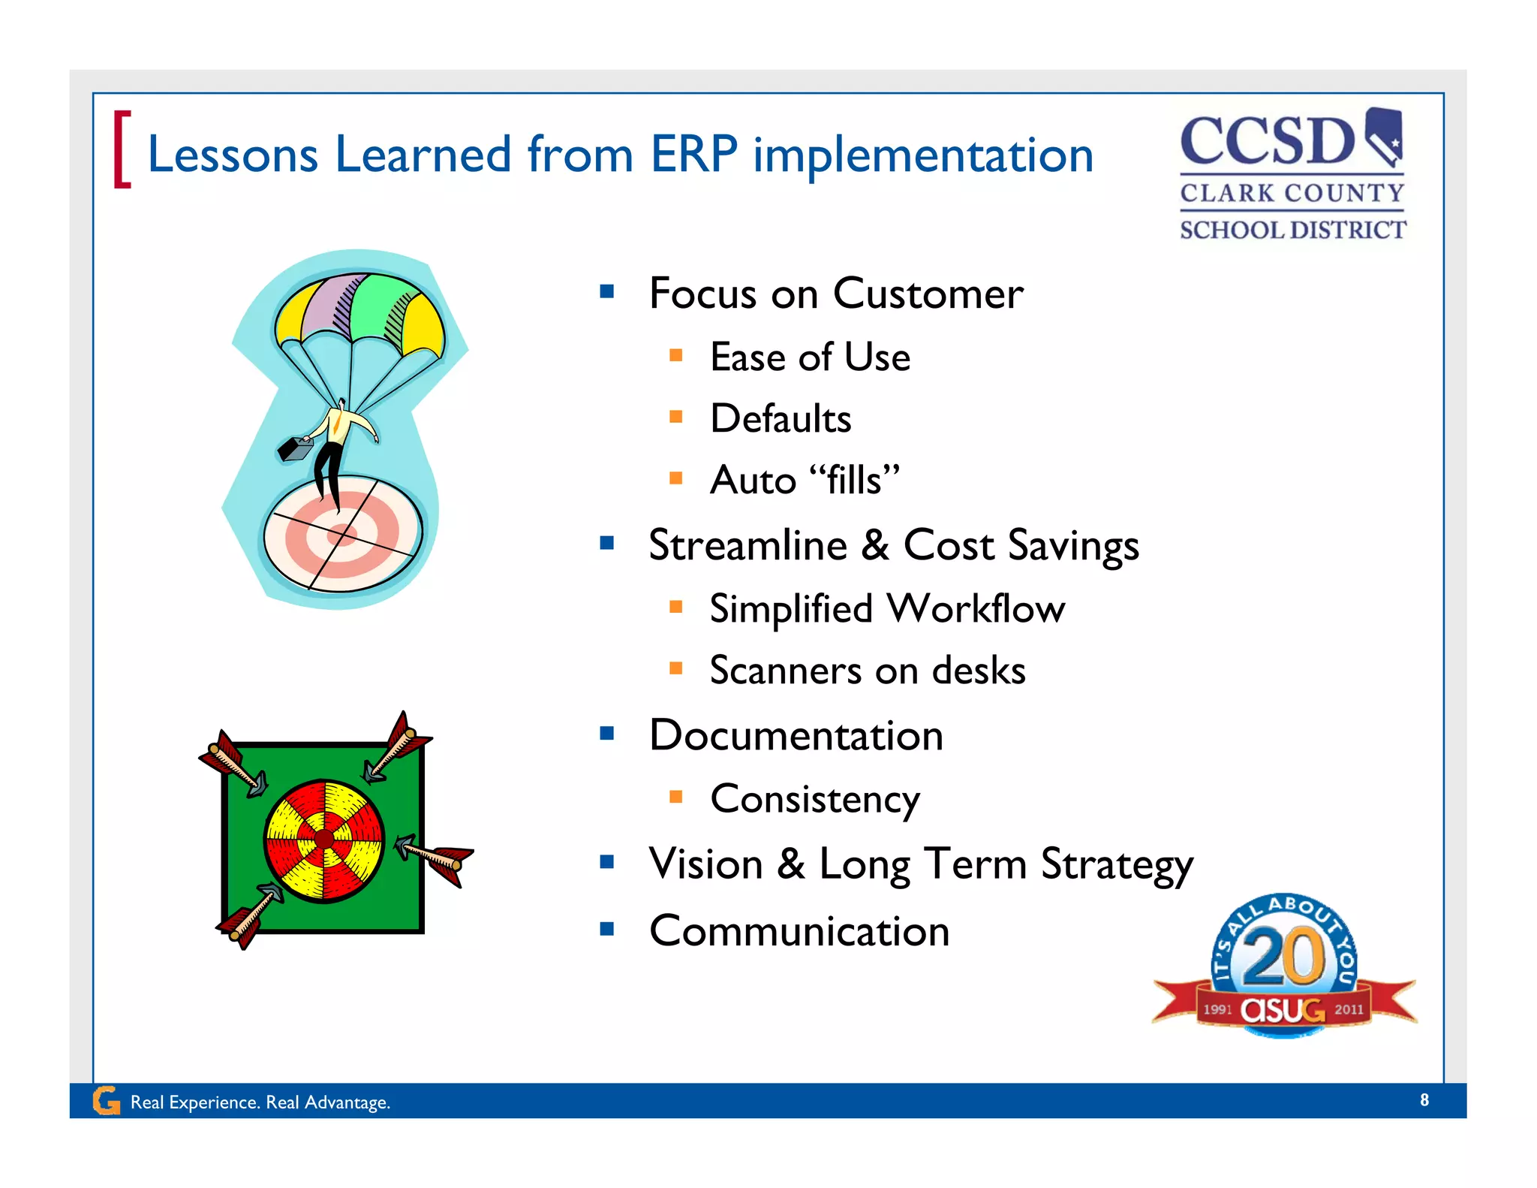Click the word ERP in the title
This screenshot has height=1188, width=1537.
click(693, 155)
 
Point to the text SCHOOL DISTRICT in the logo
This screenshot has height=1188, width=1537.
click(1292, 230)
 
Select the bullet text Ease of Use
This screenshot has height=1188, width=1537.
click(810, 357)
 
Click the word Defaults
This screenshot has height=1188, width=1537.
click(781, 419)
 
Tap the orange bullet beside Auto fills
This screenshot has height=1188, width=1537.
click(675, 478)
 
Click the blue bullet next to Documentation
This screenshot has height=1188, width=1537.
click(607, 733)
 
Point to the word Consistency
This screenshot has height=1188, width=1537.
click(815, 800)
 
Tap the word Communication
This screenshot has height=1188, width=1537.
click(799, 932)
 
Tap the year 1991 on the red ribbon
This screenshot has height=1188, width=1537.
click(1217, 1010)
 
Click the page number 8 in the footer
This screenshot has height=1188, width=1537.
click(1424, 1100)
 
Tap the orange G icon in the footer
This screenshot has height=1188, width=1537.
click(106, 1101)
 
